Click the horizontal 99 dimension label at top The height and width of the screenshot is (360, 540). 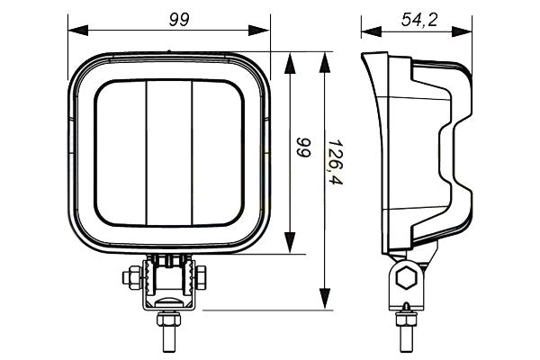(x=179, y=20)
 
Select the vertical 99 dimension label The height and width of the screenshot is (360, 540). (x=304, y=147)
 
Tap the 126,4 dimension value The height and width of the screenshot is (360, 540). (x=335, y=162)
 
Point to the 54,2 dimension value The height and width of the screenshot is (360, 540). (x=419, y=20)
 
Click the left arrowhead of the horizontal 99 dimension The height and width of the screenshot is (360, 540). (x=78, y=30)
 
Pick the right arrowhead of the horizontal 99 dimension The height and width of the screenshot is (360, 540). (x=258, y=30)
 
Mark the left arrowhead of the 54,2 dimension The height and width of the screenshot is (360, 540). (x=372, y=31)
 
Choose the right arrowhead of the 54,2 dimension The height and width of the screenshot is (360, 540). (x=462, y=31)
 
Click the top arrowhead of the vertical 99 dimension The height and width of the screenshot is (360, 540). (x=290, y=63)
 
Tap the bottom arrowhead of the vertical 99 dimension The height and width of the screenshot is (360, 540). (x=290, y=243)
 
